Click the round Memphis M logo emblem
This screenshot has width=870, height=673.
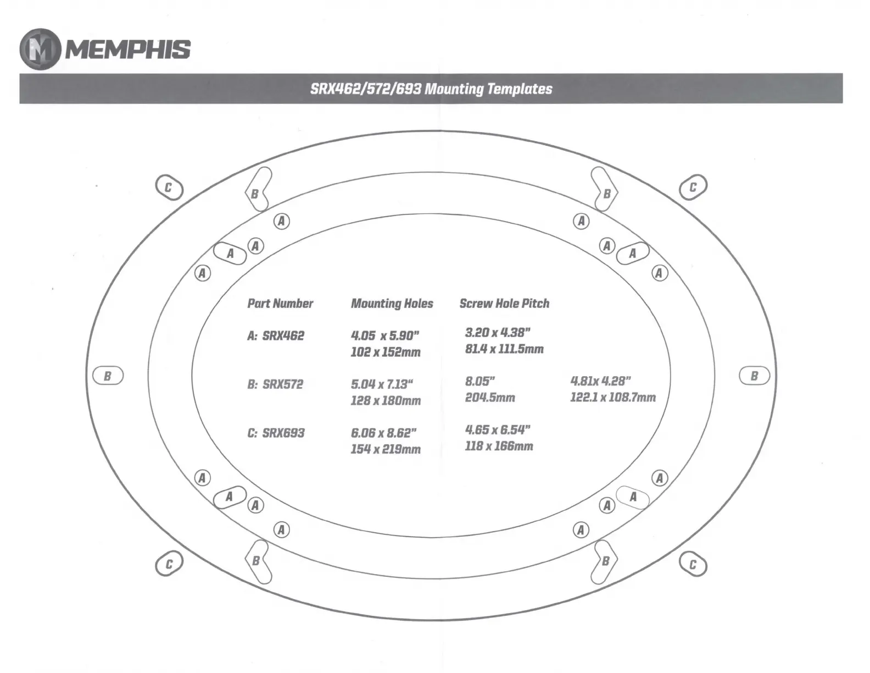point(40,49)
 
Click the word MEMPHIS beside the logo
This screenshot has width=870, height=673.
point(128,49)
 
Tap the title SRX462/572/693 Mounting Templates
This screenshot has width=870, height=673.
point(431,89)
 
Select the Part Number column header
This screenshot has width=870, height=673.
point(280,304)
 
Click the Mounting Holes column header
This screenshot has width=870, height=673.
point(392,304)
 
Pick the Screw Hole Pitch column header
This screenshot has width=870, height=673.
point(504,304)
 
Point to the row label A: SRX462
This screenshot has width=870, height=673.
point(276,336)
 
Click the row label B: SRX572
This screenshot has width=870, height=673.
point(275,384)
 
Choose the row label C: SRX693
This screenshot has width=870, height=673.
point(276,433)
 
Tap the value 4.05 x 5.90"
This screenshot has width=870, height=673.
point(385,336)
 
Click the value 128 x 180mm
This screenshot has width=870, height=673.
point(386,401)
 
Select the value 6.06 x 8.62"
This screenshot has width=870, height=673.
point(384,433)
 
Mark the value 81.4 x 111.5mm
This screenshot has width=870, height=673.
point(504,349)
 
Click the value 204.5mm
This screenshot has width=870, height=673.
point(490,398)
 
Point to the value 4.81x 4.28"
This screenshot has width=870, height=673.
point(600,381)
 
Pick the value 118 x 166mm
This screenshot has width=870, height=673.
point(499,446)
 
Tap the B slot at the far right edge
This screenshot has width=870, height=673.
point(754,376)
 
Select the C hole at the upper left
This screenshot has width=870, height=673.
point(169,188)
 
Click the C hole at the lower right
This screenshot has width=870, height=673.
point(693,565)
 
